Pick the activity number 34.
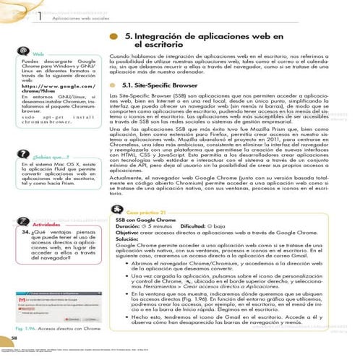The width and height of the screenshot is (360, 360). point(23,233)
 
